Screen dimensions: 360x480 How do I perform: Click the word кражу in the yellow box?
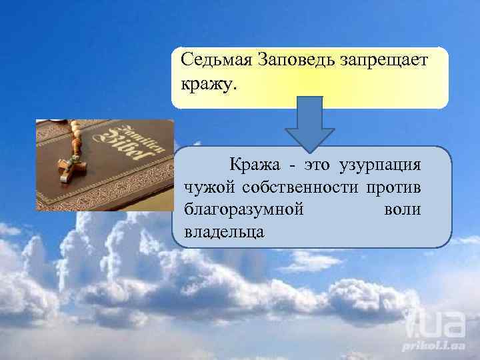[205, 85]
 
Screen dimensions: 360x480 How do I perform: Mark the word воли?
[402, 209]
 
